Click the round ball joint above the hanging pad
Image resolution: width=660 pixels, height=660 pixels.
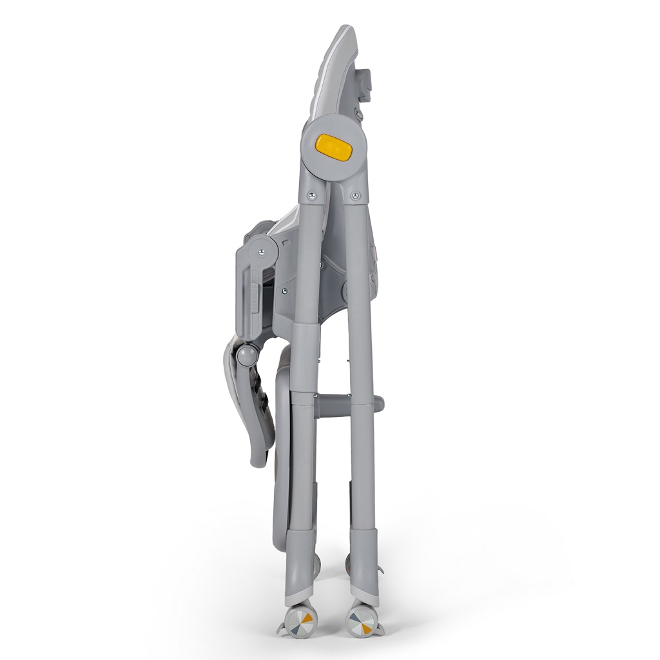click(x=247, y=354)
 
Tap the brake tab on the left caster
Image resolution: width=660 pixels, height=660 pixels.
click(x=282, y=629)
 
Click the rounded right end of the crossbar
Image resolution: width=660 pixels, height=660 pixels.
click(x=379, y=404)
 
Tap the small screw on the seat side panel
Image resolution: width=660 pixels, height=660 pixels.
click(x=284, y=291)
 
